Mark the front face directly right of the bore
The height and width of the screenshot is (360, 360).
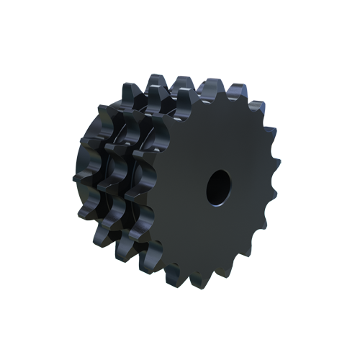point(248,186)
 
